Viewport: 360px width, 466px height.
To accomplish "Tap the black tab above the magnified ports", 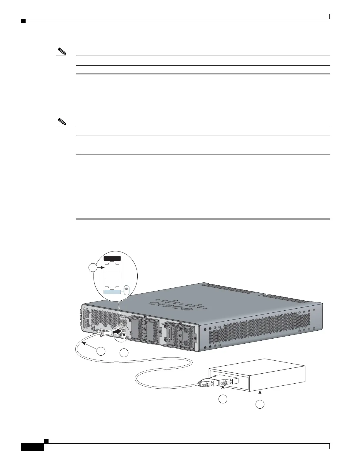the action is [x=113, y=258].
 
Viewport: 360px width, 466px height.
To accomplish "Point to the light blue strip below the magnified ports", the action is [x=113, y=292].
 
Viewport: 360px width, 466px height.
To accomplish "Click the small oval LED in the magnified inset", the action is [x=126, y=289].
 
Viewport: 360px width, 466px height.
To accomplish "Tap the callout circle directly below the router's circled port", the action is [x=124, y=353].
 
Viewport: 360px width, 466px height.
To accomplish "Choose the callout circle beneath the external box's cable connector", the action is [x=223, y=399].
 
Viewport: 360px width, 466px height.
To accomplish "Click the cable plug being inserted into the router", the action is [x=104, y=333].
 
